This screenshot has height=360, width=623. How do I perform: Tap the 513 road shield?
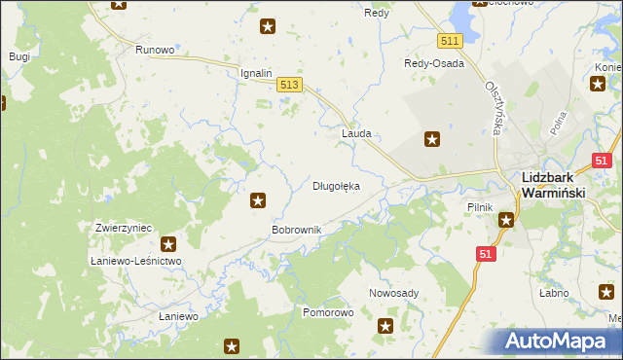289,86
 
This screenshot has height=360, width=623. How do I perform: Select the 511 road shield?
449,41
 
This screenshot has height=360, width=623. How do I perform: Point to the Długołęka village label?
336,185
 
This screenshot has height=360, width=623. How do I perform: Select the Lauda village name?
356,133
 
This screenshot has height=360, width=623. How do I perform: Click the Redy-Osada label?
434,63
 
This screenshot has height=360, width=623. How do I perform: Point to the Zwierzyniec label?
124,227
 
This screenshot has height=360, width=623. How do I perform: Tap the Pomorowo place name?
328,313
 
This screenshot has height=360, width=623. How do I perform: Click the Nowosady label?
394,293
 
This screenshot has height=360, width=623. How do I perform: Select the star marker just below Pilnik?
506,221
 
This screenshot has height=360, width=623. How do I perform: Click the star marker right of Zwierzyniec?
168,244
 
